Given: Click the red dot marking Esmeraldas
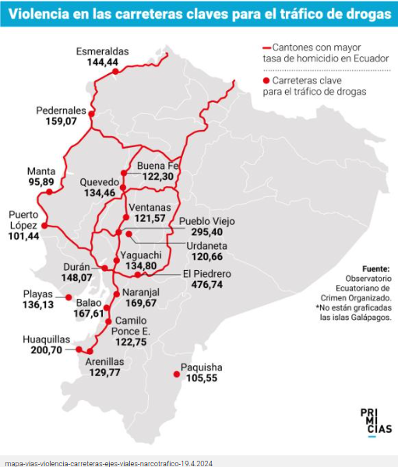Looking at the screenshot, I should pyautogui.click(x=115, y=72).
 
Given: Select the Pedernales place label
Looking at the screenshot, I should pyautogui.click(x=61, y=111).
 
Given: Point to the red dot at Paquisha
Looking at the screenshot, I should pyautogui.click(x=177, y=375).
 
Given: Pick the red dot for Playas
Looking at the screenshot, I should pyautogui.click(x=69, y=297).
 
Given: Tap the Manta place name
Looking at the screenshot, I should pyautogui.click(x=41, y=171).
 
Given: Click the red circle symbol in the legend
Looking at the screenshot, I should pyautogui.click(x=267, y=80).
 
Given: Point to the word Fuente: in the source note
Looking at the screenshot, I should pyautogui.click(x=377, y=268).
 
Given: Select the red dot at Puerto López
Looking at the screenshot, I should pyautogui.click(x=44, y=226).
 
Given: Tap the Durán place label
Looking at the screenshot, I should pyautogui.click(x=77, y=266).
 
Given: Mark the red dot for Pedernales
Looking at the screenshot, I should pyautogui.click(x=91, y=114).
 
